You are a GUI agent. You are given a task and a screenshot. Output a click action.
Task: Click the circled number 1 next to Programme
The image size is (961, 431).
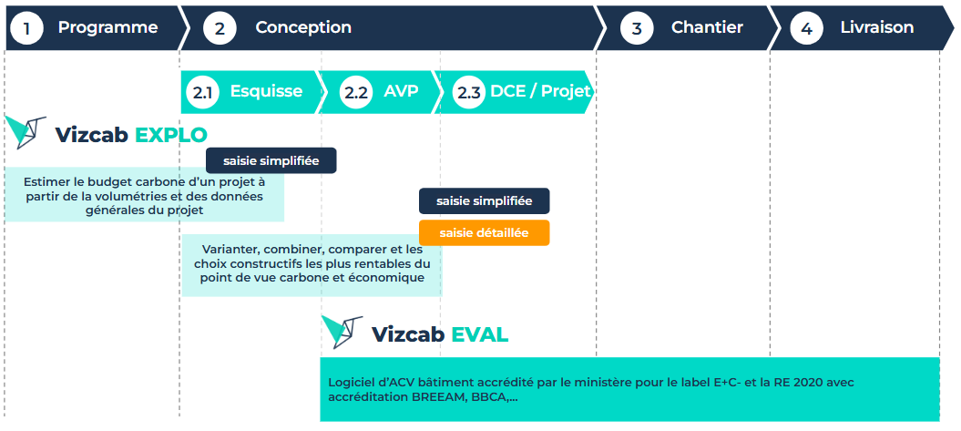(x=26, y=28)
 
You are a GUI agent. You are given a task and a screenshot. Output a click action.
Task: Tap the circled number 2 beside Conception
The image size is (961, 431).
(x=220, y=28)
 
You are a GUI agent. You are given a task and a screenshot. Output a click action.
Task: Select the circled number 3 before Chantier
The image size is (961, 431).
(x=637, y=28)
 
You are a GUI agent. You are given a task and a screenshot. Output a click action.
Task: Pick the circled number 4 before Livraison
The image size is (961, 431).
(x=806, y=28)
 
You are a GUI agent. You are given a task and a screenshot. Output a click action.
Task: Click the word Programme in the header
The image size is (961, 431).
(x=107, y=27)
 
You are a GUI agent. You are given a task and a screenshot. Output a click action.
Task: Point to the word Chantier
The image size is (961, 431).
(x=707, y=27)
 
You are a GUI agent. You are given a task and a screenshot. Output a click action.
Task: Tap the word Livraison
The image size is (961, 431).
(x=877, y=27)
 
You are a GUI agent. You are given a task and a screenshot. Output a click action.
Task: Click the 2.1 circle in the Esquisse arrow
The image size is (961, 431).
(x=202, y=92)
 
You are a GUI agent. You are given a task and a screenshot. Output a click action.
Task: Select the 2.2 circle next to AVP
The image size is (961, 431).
(x=356, y=92)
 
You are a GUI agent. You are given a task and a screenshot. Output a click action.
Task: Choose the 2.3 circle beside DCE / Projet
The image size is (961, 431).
(x=469, y=92)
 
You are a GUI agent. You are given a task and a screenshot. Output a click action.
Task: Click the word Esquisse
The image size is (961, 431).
(x=266, y=91)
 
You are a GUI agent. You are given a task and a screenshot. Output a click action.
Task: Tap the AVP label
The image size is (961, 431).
(x=401, y=91)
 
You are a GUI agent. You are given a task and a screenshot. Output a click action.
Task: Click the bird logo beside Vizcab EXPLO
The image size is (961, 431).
(x=26, y=131)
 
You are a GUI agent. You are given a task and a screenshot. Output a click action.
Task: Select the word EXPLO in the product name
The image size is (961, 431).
(x=171, y=135)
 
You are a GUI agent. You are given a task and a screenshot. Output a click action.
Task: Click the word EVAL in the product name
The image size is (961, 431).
(x=480, y=334)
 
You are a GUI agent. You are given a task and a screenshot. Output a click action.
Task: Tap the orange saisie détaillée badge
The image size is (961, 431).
(x=485, y=233)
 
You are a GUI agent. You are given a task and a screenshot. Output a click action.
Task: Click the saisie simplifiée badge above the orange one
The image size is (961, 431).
(x=485, y=201)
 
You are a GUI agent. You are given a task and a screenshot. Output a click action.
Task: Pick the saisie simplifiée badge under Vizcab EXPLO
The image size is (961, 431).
(x=271, y=160)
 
